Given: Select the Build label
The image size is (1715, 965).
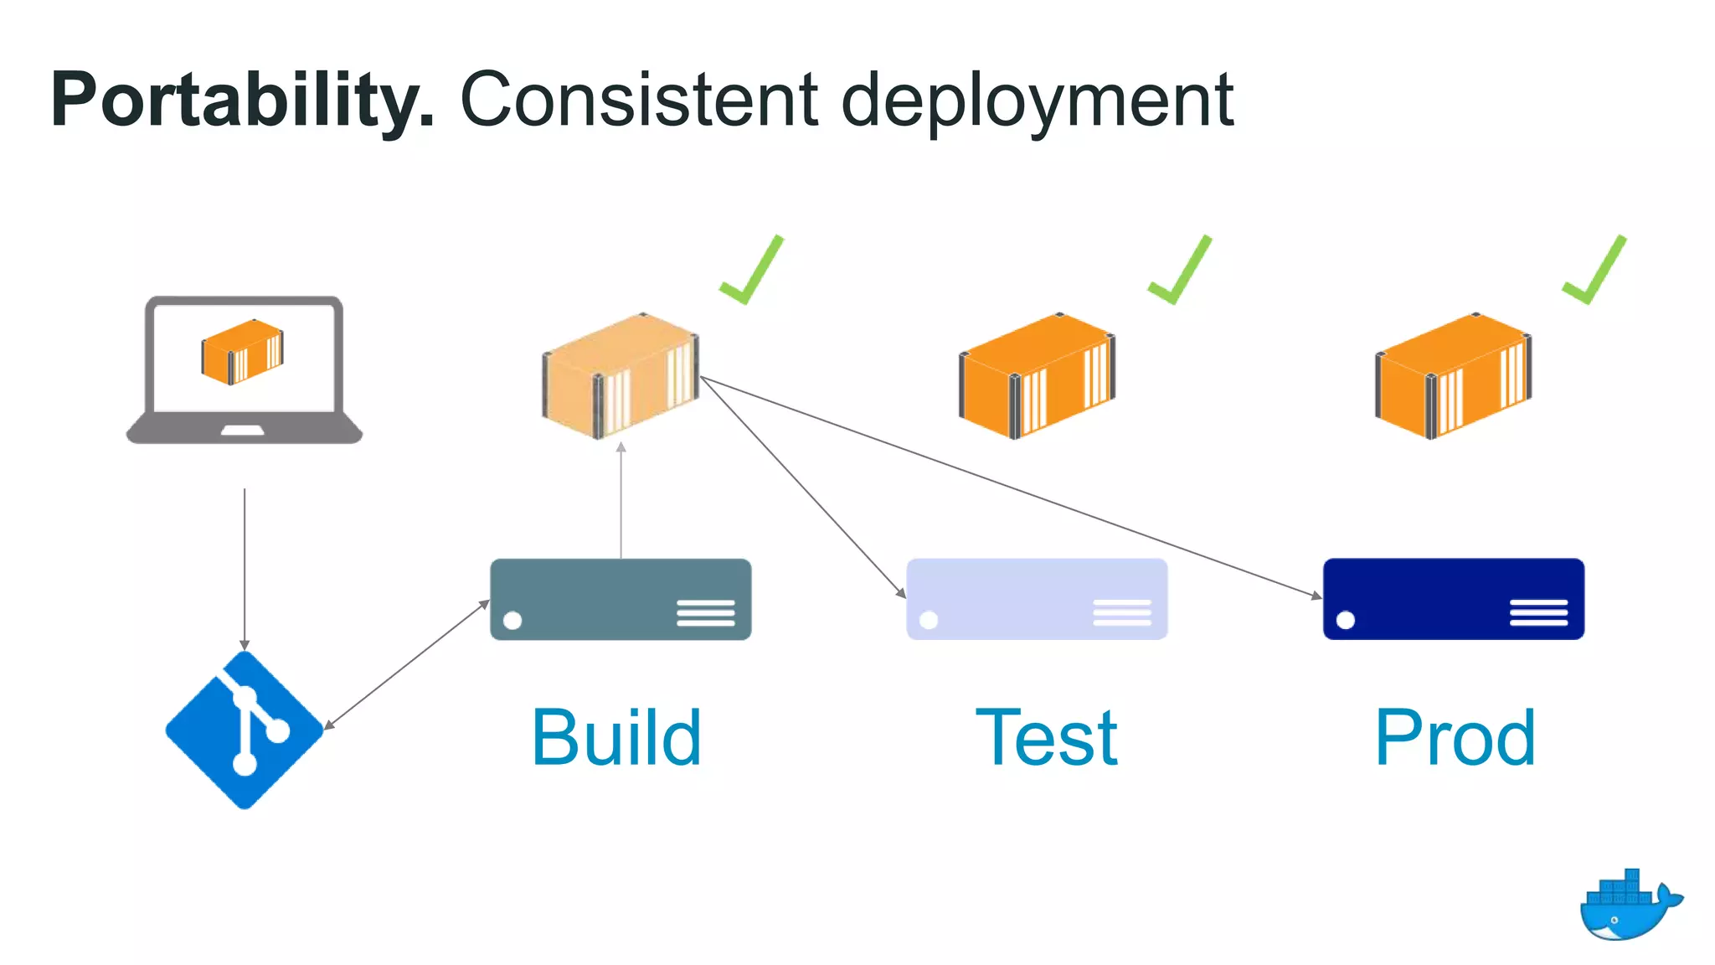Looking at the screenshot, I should click(x=616, y=738).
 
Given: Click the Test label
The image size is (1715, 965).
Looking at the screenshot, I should click(x=1046, y=738).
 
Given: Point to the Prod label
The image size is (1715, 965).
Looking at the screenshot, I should click(x=1455, y=738).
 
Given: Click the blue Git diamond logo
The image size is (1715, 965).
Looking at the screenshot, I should click(x=245, y=730).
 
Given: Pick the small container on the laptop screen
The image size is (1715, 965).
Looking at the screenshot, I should click(x=243, y=352).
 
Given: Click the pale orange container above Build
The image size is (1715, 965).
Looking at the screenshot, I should click(x=621, y=375).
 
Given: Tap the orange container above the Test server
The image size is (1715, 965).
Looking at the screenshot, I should click(x=1037, y=375).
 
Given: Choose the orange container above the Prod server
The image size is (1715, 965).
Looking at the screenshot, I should click(x=1453, y=375).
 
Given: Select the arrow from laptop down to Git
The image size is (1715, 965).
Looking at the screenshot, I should click(x=245, y=570).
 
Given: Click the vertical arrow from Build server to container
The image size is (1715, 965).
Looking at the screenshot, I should click(x=621, y=503).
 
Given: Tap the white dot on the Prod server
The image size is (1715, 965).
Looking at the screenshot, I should click(x=1346, y=620).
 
